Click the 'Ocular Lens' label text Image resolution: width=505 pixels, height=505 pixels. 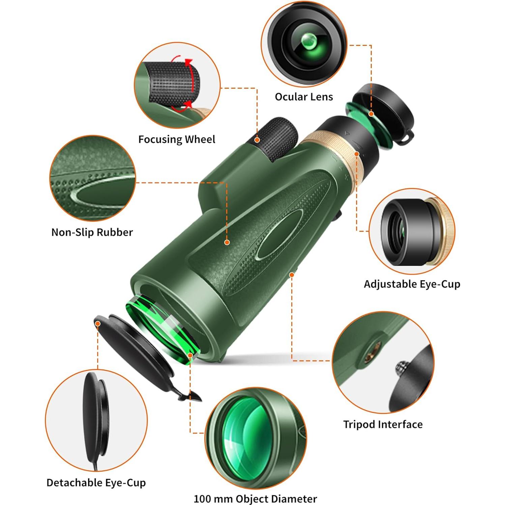tap(304, 97)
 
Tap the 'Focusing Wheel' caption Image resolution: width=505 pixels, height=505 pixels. tap(177, 139)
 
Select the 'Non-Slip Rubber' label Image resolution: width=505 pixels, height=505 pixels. tap(92, 232)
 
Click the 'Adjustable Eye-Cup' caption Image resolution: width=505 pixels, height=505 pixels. tap(412, 284)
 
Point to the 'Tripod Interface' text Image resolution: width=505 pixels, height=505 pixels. tap(383, 424)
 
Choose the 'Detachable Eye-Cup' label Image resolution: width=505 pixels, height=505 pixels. tap(96, 483)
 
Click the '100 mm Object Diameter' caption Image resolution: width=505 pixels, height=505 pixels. tap(255, 499)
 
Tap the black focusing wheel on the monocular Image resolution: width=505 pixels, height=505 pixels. tap(276, 138)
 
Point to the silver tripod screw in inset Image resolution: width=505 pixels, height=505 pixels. tap(401, 366)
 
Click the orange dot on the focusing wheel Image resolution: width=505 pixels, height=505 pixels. tap(257, 140)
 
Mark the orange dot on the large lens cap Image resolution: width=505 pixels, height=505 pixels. tap(98, 324)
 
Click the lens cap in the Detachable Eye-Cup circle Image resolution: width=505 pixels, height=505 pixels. tap(96, 418)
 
